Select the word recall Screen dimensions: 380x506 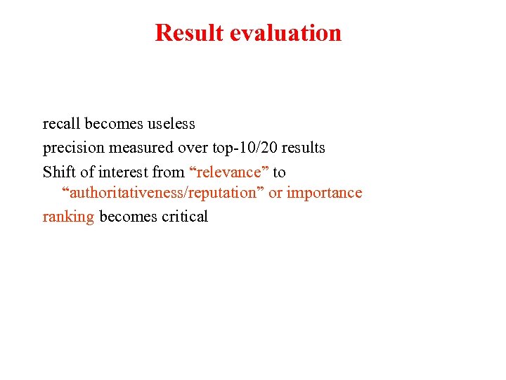tap(61, 124)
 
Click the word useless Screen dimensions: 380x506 tap(171, 124)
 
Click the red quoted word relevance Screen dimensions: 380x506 tap(229, 172)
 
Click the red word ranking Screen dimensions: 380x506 tap(68, 217)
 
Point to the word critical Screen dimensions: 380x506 tap(185, 217)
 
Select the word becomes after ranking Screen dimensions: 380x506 tap(129, 217)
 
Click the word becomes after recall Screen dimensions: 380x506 tap(114, 124)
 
